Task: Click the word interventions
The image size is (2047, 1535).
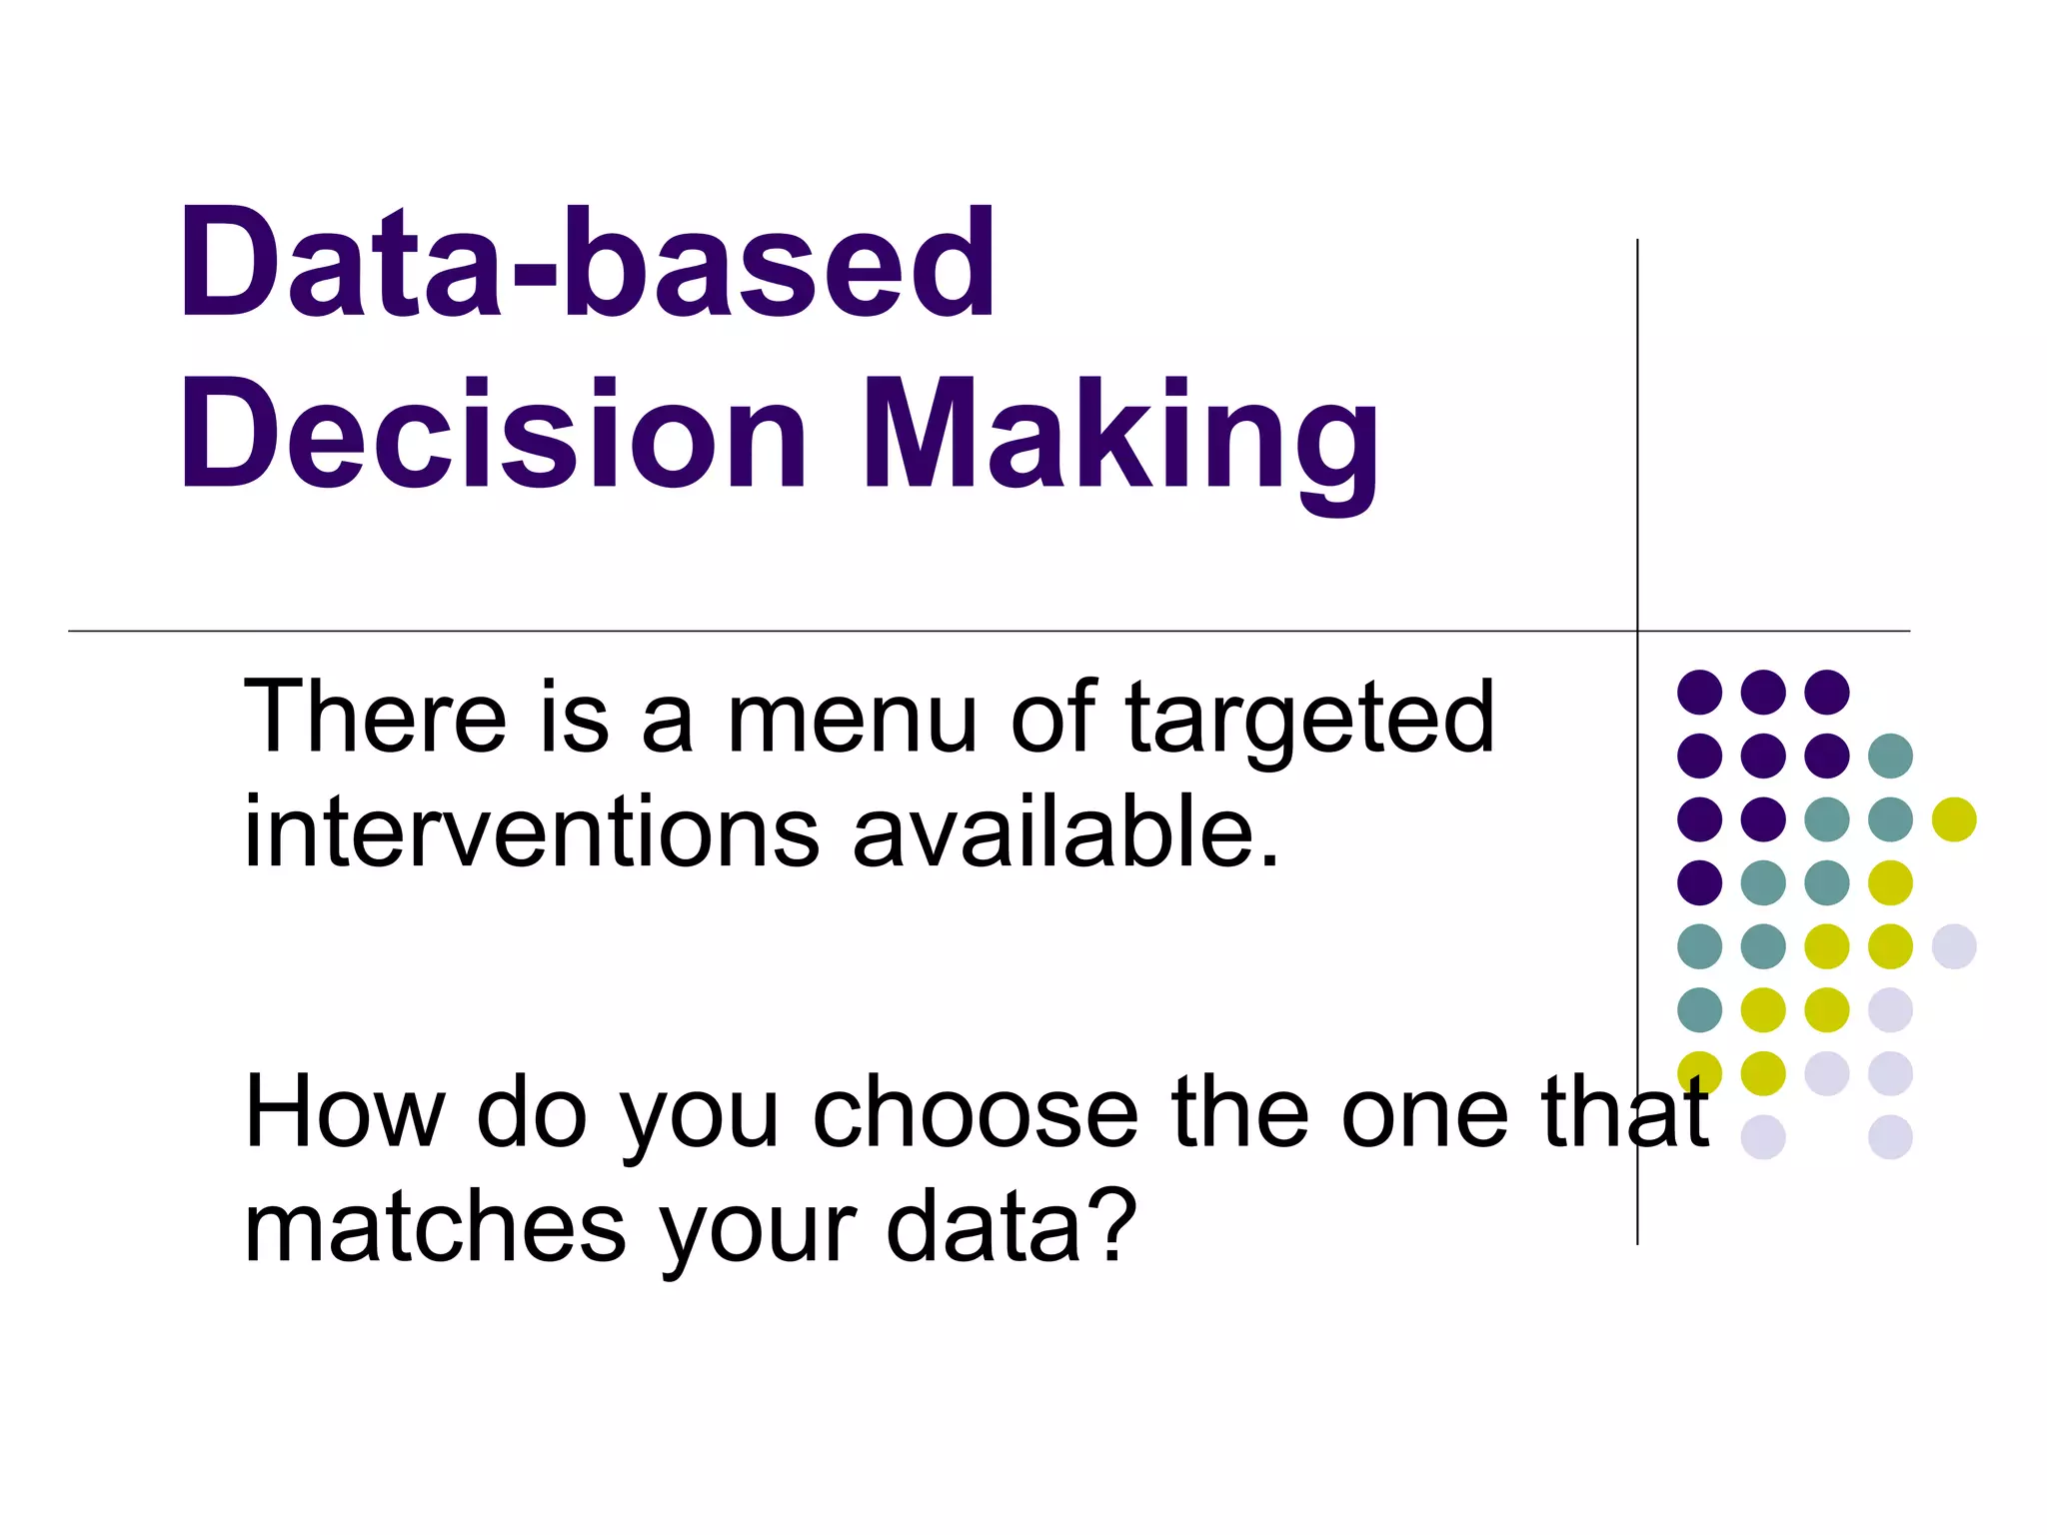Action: (x=531, y=832)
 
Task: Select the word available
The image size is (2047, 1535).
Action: (x=1065, y=832)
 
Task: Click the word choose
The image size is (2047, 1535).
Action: (x=976, y=1113)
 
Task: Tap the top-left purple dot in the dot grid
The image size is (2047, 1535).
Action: (x=1699, y=692)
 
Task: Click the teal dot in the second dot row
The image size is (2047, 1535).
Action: (x=1890, y=756)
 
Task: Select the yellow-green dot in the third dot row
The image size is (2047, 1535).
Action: (x=1954, y=819)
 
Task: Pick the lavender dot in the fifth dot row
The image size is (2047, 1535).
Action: (x=1954, y=946)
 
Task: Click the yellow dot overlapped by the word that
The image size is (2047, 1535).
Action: (x=1699, y=1072)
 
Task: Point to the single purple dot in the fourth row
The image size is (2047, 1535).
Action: (x=1699, y=882)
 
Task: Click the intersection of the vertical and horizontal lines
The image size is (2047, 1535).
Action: (x=1637, y=631)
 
